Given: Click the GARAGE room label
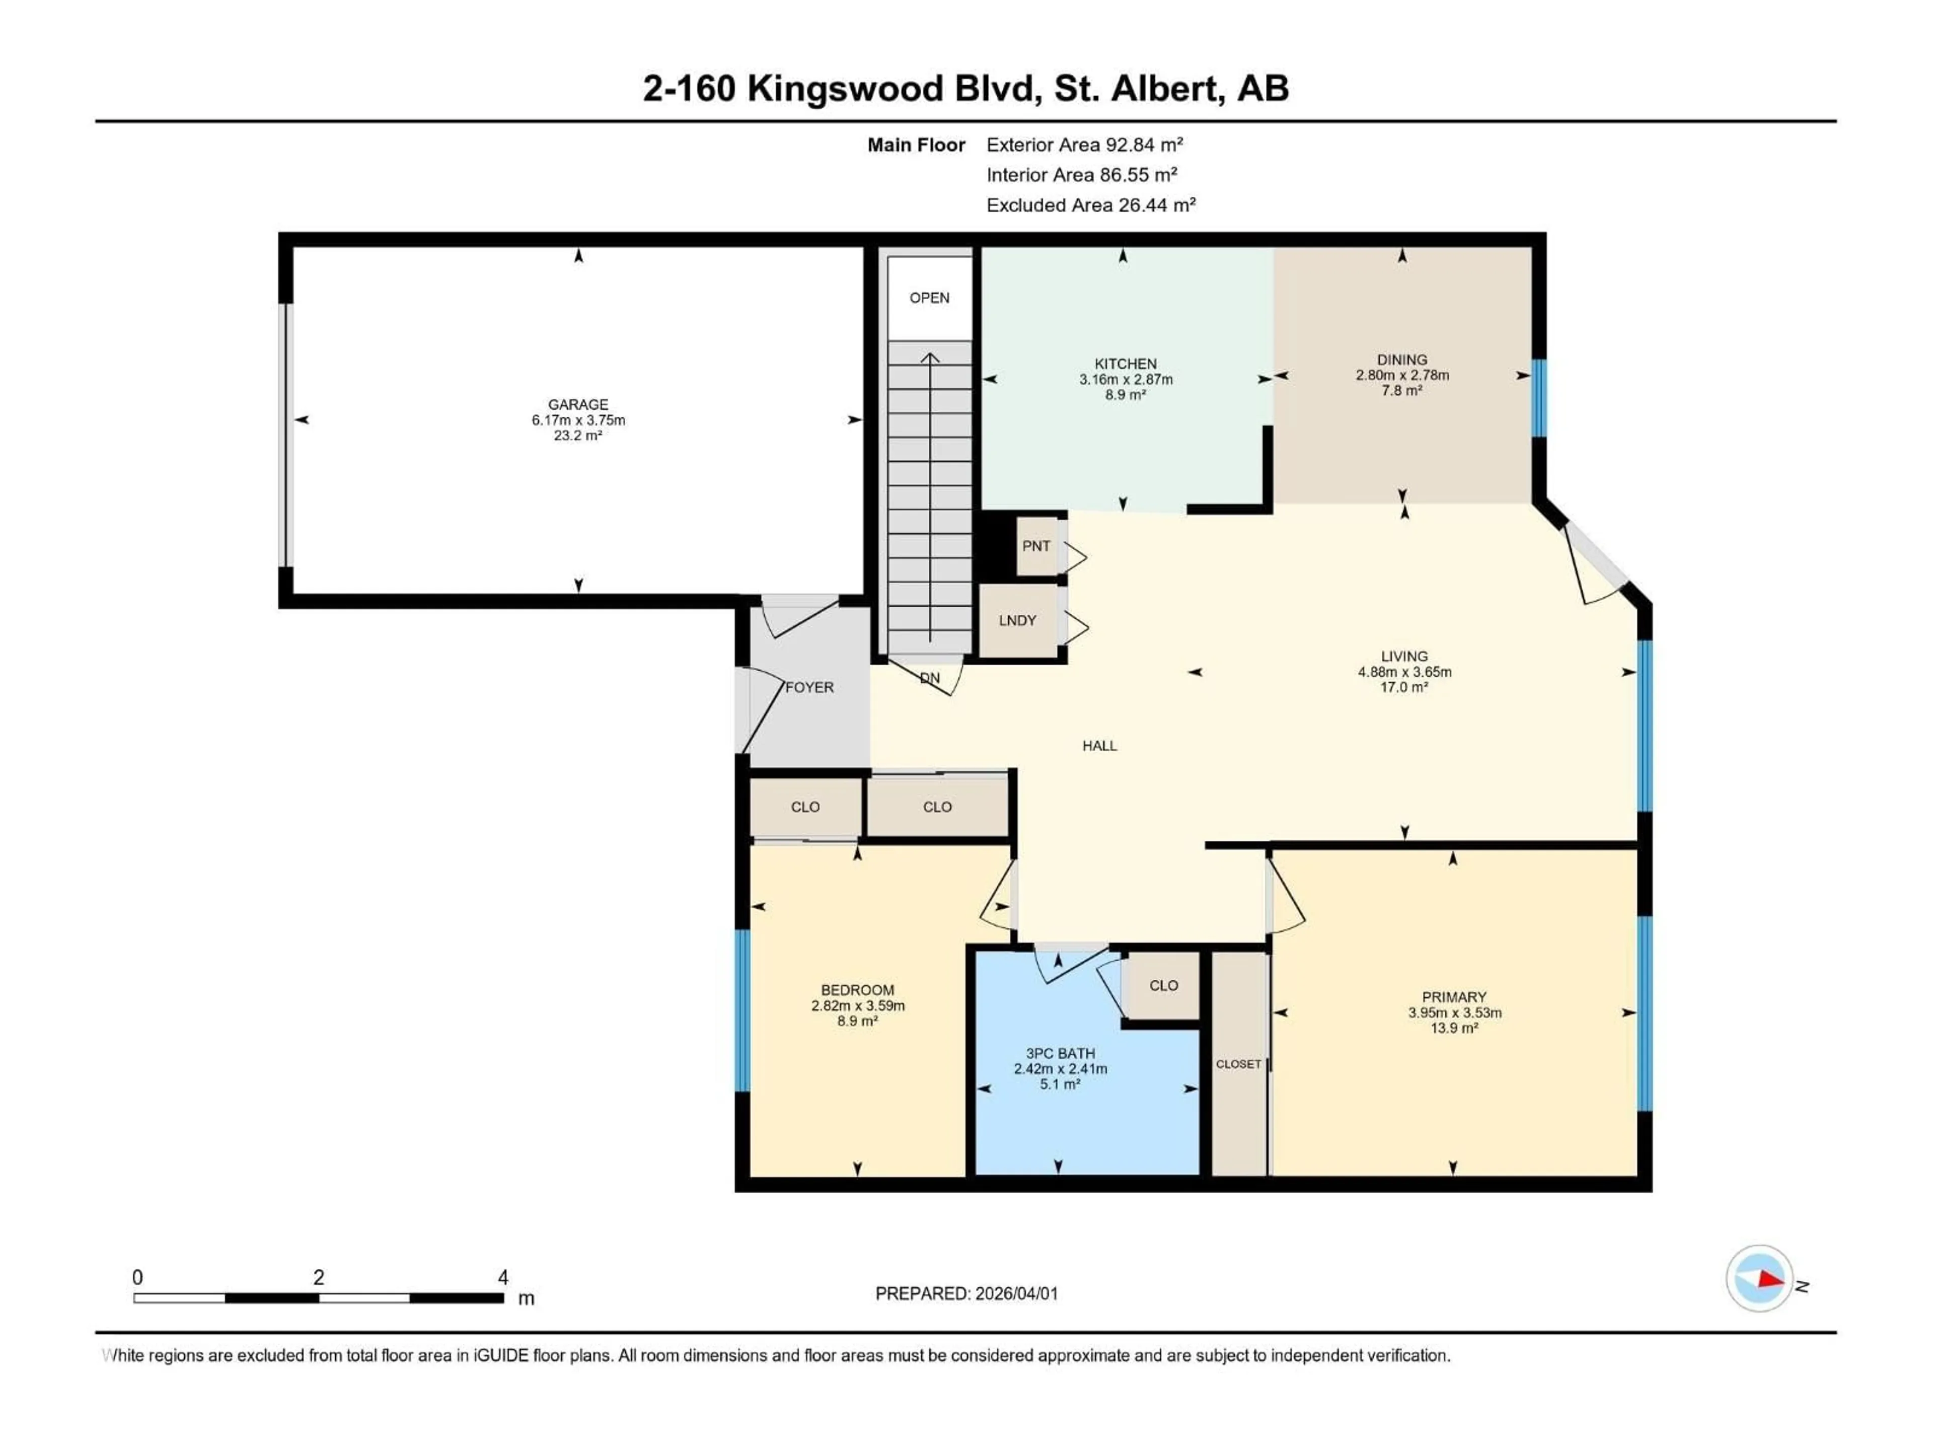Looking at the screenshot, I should point(577,405).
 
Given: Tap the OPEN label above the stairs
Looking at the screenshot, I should point(929,298).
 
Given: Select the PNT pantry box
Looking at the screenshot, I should point(1036,546).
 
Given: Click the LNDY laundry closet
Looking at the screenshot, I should point(1017,621).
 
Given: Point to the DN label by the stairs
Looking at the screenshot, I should point(930,678).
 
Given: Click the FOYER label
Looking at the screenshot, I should point(809,688).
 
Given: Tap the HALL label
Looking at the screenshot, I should point(1099,746).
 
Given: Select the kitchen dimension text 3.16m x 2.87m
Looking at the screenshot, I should point(1126,379).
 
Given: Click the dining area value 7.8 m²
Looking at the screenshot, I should point(1402,391).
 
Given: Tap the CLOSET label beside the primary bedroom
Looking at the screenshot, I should point(1238,1064).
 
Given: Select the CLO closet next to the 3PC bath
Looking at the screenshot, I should point(1163,986).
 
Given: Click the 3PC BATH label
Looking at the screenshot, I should point(1060,1054).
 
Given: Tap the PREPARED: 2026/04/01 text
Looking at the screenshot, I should point(966,1293).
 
